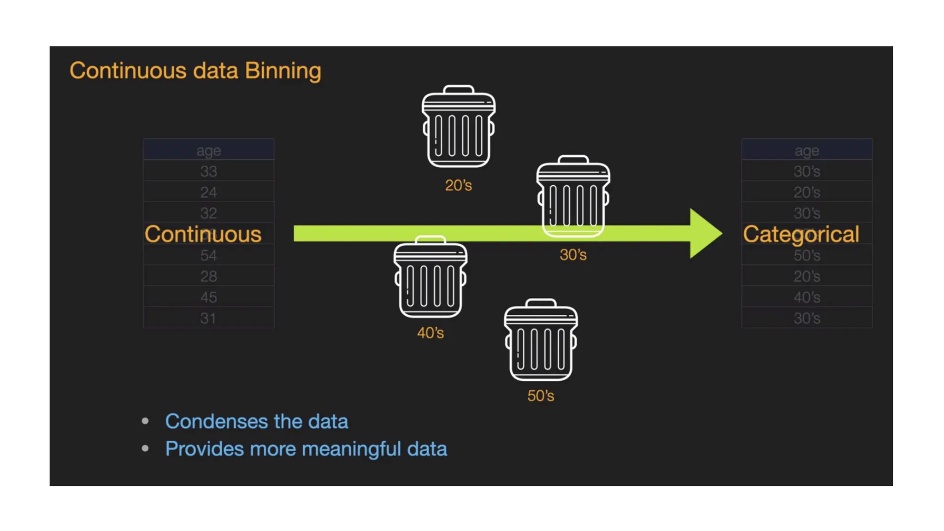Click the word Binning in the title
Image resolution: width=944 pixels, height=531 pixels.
point(283,71)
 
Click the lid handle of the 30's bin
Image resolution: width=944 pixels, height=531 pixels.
point(573,159)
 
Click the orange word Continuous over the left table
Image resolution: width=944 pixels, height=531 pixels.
point(203,234)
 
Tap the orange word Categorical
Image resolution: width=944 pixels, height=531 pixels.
point(801,234)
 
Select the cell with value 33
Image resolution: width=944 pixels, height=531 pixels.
point(209,171)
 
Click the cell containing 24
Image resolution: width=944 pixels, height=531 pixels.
point(209,192)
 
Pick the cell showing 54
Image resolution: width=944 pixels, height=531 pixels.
point(209,255)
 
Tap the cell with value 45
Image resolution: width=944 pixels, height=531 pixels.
point(209,297)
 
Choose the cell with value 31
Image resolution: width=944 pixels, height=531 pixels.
point(209,318)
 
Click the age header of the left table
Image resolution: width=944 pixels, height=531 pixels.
point(209,151)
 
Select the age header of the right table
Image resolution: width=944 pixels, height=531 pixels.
point(807,151)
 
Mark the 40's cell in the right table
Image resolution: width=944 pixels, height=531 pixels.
point(807,297)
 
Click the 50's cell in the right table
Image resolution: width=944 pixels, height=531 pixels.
point(807,255)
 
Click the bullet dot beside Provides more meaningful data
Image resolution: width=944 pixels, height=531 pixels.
point(145,448)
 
